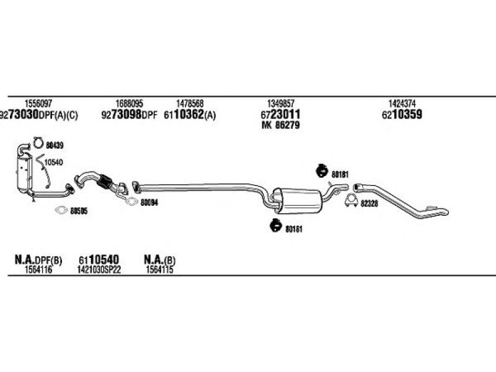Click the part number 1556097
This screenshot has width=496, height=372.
pos(38,104)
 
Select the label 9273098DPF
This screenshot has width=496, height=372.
pos(129,115)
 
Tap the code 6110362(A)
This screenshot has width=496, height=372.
pos(190,115)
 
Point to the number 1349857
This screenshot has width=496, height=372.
pos(281,104)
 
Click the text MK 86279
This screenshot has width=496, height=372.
pos(281,125)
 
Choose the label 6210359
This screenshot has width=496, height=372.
pos(402,115)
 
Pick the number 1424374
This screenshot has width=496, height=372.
pos(402,104)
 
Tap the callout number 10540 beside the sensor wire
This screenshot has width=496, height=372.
pos(53,162)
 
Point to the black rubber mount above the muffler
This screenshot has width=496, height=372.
pos(322,171)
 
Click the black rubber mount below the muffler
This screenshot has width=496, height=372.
pos(276,225)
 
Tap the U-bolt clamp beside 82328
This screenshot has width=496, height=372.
pos(351,201)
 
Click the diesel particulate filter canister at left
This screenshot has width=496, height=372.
pos(24,172)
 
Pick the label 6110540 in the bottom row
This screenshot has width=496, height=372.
pos(99,260)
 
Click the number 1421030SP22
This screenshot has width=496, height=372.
pos(99,270)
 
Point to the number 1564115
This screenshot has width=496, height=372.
pos(159,270)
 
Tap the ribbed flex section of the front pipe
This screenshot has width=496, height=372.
pos(105,182)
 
